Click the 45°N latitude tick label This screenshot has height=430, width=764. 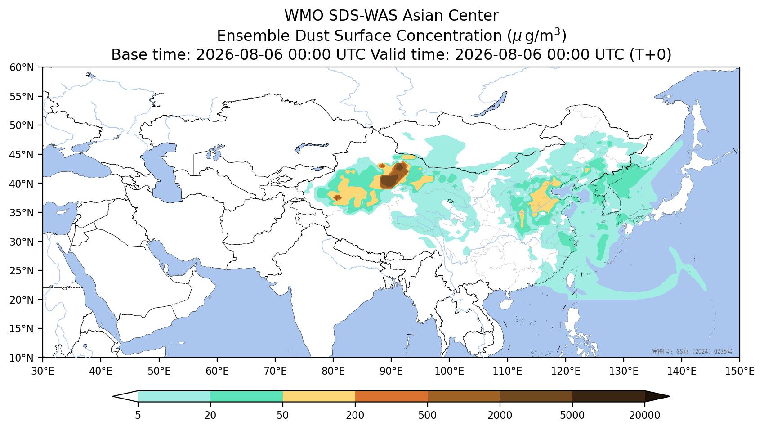coord(22,155)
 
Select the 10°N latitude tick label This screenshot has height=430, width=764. coord(22,358)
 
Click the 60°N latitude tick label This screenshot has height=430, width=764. coord(22,67)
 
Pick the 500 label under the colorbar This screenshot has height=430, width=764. coord(427,415)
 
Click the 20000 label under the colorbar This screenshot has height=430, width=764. coord(645,415)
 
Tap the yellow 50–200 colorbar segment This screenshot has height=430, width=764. coord(319,396)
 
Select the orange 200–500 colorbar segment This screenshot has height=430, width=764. coord(392,396)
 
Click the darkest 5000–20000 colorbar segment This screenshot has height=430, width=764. coord(608,396)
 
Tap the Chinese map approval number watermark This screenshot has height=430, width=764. coord(692,351)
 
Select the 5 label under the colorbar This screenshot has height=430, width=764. coord(138,415)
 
